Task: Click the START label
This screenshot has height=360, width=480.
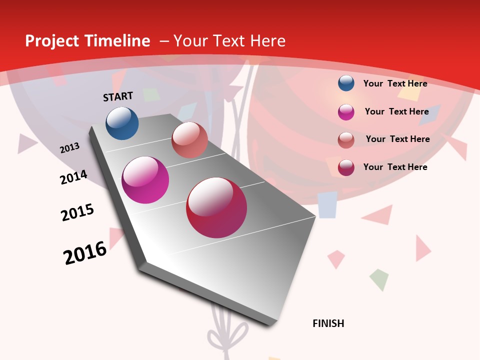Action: [118, 96]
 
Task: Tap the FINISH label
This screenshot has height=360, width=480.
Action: [328, 323]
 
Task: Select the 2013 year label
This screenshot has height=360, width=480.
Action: [70, 148]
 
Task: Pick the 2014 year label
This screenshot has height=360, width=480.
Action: [74, 177]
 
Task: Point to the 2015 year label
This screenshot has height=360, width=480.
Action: [77, 212]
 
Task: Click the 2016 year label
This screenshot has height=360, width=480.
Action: [85, 252]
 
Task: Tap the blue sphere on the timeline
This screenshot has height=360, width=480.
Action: [122, 123]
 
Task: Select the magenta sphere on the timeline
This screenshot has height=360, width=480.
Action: [145, 180]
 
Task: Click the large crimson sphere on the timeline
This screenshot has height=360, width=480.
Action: [216, 208]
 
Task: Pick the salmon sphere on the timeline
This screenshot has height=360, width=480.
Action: [189, 140]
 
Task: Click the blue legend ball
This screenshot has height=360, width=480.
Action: [346, 83]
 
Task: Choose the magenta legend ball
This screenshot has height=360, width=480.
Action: [346, 112]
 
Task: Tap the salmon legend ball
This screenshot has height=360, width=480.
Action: [346, 140]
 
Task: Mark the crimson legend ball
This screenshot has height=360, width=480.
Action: [346, 167]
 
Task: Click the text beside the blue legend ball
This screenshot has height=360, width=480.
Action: [395, 83]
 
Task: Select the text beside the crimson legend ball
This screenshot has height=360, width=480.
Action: [395, 167]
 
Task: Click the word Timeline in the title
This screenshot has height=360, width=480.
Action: [120, 41]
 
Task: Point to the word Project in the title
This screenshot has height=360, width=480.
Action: [52, 41]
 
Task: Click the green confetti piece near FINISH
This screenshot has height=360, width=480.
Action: [379, 279]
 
